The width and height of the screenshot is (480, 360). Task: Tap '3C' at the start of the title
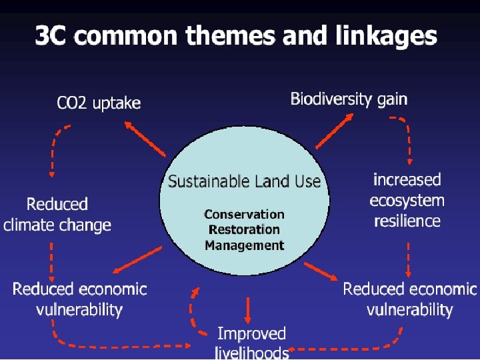51,35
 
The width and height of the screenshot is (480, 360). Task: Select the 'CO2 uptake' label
99,103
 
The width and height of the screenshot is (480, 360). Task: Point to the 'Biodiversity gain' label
349,99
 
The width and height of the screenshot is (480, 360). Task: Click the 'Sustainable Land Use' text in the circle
244,181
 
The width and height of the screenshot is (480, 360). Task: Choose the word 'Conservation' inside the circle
244,214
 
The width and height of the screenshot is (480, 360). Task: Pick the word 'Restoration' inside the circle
244,229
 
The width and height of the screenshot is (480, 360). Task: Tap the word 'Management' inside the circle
244,245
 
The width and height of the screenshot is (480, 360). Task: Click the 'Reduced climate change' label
57,214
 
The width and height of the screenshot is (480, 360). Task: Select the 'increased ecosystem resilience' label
407,200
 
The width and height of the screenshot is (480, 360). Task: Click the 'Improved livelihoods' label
252,342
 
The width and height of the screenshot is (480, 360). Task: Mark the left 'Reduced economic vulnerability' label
79,299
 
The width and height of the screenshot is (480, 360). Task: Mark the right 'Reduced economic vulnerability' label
409,299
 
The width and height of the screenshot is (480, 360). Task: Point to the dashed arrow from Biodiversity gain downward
407,140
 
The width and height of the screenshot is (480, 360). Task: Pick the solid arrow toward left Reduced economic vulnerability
137,260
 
